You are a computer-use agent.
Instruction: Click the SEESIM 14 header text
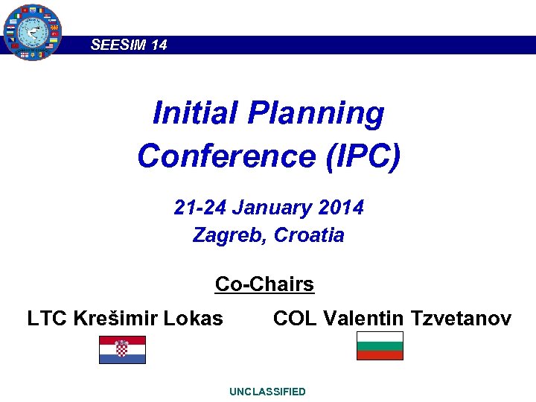point(129,45)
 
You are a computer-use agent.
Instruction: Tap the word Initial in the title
point(195,114)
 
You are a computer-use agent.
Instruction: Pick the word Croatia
point(309,235)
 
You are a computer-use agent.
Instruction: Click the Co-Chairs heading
point(264,284)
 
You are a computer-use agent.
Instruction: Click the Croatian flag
point(122,350)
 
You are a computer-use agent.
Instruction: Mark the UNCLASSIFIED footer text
point(267,392)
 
